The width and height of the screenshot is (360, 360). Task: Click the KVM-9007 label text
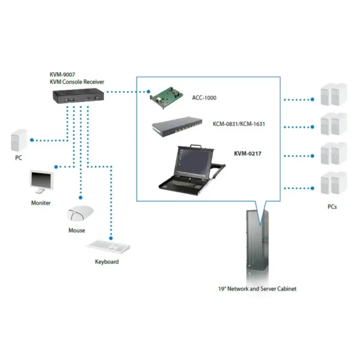tap(62, 74)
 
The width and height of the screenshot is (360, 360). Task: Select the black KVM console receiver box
tap(78, 96)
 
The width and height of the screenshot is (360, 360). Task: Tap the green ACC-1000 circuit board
tap(166, 97)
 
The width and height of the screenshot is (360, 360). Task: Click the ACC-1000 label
tap(204, 98)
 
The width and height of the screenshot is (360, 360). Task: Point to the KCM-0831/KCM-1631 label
tap(239, 124)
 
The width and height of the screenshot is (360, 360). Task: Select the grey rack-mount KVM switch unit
tap(177, 127)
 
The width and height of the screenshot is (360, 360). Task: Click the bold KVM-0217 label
tap(248, 154)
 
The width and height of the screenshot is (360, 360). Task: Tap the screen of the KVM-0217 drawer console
tap(194, 161)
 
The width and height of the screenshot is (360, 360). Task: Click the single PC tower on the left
tap(19, 140)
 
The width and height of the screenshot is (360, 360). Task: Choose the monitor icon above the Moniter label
tap(41, 182)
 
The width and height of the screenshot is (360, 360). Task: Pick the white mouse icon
tap(80, 213)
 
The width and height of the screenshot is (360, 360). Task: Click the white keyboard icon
tap(109, 247)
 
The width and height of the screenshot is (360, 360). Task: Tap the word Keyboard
tap(107, 262)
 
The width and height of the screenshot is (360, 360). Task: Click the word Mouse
tap(77, 230)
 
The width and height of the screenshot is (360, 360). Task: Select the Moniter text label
tap(41, 203)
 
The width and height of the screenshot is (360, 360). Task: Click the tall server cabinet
tap(257, 244)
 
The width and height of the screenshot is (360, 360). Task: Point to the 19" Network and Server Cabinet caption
tap(257, 289)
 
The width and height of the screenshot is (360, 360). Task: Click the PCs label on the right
tap(332, 207)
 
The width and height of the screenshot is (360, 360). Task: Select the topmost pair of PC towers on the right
tap(334, 94)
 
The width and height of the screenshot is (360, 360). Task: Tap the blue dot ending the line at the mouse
tap(80, 197)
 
